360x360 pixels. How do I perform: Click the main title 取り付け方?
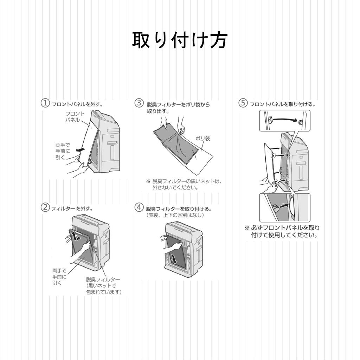[180, 40]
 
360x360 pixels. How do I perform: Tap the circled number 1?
[45, 103]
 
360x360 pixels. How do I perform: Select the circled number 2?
[45, 207]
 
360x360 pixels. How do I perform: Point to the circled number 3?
[139, 103]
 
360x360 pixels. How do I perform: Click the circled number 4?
[139, 207]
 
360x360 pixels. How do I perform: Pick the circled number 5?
[243, 103]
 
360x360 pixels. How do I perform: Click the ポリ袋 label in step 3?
[203, 139]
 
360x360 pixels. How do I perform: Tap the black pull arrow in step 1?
[81, 150]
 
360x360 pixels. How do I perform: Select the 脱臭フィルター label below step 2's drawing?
[103, 279]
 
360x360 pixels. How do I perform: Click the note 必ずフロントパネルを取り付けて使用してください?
[282, 231]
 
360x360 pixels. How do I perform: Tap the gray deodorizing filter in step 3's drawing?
[176, 142]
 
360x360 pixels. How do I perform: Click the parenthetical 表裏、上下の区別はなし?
[175, 215]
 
